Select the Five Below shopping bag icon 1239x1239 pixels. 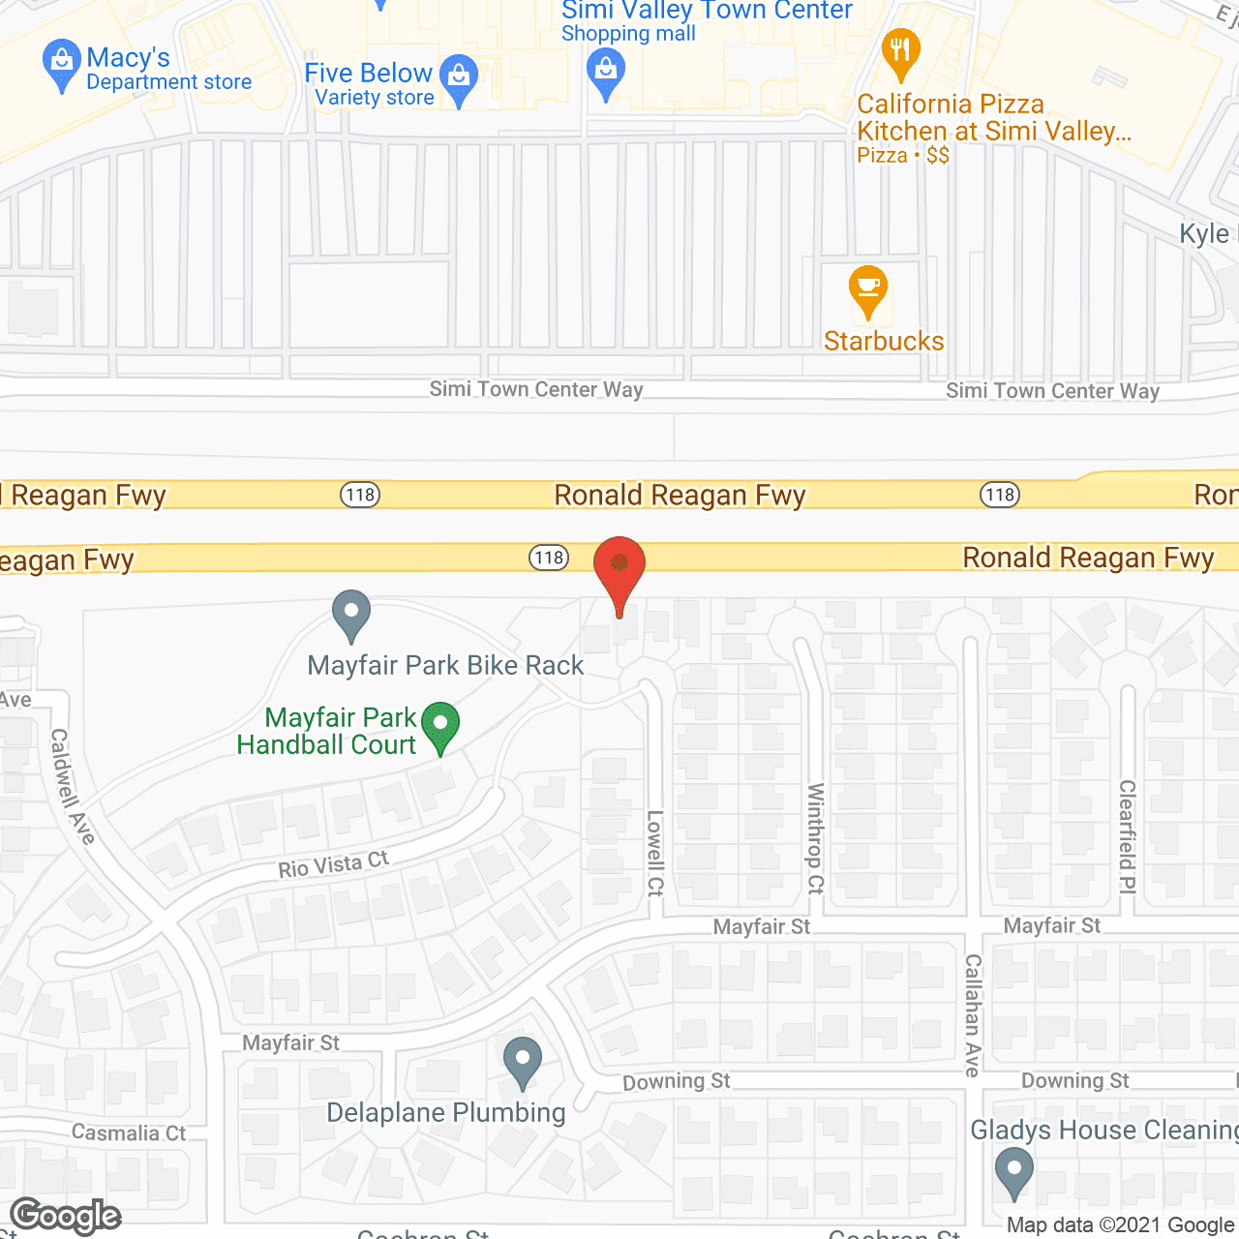(x=459, y=76)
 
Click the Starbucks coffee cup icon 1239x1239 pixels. (x=868, y=288)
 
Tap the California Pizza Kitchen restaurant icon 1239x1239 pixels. (x=900, y=52)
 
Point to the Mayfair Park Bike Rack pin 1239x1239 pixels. (x=351, y=614)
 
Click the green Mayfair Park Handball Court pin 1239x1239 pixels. (x=441, y=725)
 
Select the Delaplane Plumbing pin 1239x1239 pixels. (x=523, y=1061)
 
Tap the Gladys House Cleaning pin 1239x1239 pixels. (x=1013, y=1170)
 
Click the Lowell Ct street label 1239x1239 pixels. (x=655, y=853)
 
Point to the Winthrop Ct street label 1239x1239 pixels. (x=816, y=838)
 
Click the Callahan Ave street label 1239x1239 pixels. (x=973, y=1014)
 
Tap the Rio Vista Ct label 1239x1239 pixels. (x=333, y=863)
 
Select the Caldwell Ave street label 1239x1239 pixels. (x=74, y=786)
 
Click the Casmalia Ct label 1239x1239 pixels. (x=129, y=1133)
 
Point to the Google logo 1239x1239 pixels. (x=66, y=1216)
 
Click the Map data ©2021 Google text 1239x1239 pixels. (x=1121, y=1225)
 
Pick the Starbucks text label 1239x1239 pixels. (x=884, y=341)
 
